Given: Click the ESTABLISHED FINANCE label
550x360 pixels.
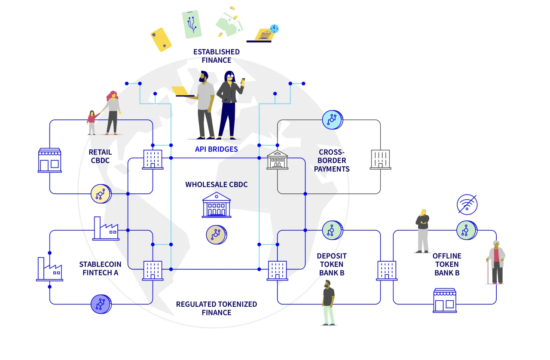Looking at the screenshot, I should coord(216,56).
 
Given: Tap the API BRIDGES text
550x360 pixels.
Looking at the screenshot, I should coord(216,149).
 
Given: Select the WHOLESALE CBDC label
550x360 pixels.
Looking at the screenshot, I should coord(216,184).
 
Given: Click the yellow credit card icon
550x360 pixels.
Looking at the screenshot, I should coord(161,40).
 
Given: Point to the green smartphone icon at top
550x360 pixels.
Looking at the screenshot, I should coord(192,24).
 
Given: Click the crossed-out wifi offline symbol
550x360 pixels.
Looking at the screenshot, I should coord(467,204).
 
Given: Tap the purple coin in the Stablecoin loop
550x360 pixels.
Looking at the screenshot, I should coord(101,304).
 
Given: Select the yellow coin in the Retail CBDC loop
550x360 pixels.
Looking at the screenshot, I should coord(101,194).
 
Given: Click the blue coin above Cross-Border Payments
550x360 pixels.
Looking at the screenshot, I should coord(333,120).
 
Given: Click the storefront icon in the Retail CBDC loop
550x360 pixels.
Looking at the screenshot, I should coord(49,160).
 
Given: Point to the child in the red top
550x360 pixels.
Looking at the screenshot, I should coord(92,122).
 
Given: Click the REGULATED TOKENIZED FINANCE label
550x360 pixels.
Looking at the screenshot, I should coord(216,308).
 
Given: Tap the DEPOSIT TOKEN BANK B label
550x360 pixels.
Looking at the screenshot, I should coord(333,264).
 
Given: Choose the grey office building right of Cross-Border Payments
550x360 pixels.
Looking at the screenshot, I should coord(380,159).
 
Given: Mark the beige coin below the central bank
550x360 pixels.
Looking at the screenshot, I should coord(216,235).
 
